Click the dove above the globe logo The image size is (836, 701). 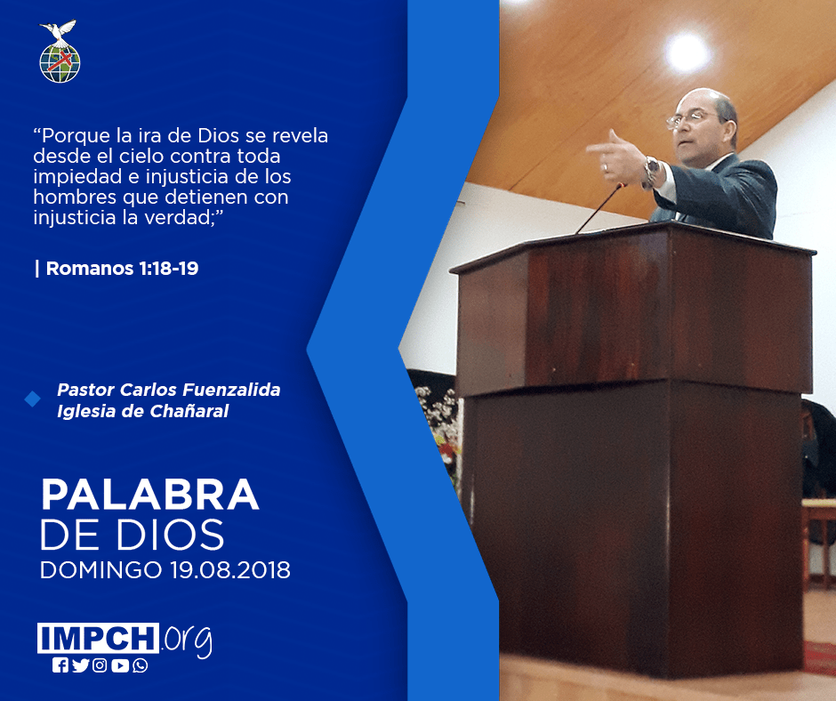click(x=59, y=31)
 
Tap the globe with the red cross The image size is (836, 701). click(x=60, y=63)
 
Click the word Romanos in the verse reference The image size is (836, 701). click(x=90, y=269)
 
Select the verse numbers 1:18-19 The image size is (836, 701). click(x=168, y=269)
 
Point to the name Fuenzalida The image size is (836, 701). click(x=231, y=390)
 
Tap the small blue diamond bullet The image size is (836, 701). click(x=33, y=399)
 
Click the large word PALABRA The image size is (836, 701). click(x=149, y=496)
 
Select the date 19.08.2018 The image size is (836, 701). click(x=230, y=569)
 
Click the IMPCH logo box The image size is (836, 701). click(x=98, y=638)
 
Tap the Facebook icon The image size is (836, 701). click(x=60, y=665)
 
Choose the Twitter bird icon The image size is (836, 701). click(x=80, y=665)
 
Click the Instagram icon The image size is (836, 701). click(x=100, y=665)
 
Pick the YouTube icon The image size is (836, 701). click(x=120, y=665)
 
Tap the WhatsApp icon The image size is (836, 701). click(x=141, y=665)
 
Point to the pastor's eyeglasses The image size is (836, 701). click(x=690, y=118)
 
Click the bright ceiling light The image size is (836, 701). click(x=687, y=52)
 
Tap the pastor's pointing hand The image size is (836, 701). click(x=618, y=157)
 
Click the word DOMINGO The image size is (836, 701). click(x=100, y=569)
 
